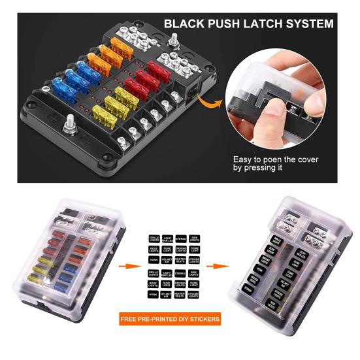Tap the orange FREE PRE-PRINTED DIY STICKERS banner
coord(169,319)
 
